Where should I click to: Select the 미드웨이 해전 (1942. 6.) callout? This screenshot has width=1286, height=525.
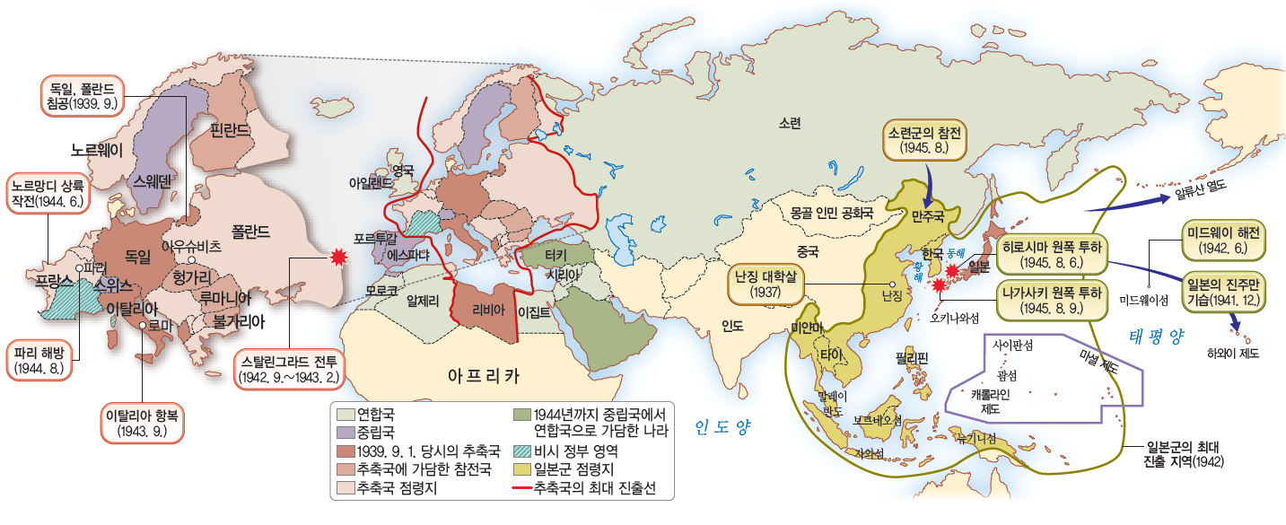click(1218, 241)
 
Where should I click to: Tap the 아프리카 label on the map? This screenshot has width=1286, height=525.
click(485, 373)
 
